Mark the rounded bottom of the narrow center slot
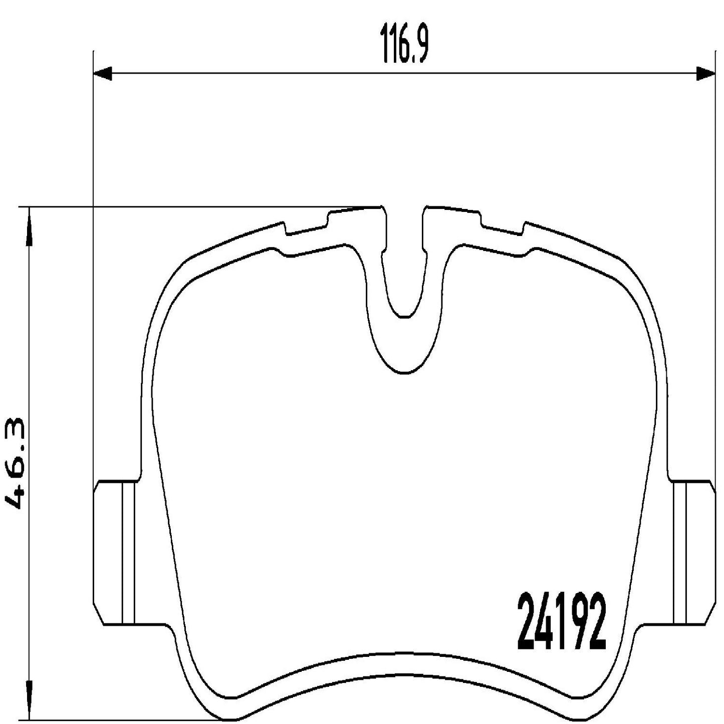(403, 315)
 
